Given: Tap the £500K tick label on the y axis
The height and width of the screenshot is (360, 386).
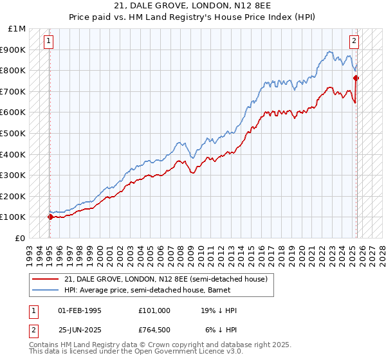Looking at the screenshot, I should coord(14,133).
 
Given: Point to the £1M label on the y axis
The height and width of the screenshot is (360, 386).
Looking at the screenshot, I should coord(17,29).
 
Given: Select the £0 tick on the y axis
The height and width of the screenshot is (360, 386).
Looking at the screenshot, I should coord(21,238).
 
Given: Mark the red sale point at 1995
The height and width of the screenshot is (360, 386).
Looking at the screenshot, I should coord(50,217).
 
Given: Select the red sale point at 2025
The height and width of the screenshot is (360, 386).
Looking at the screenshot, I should coord(356,78).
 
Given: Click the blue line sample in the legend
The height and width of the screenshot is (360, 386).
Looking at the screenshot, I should coord(46,290).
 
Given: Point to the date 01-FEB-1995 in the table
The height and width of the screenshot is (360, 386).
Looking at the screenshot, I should coord(79,310).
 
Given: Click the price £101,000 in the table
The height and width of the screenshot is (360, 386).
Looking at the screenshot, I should coord(154,310).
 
